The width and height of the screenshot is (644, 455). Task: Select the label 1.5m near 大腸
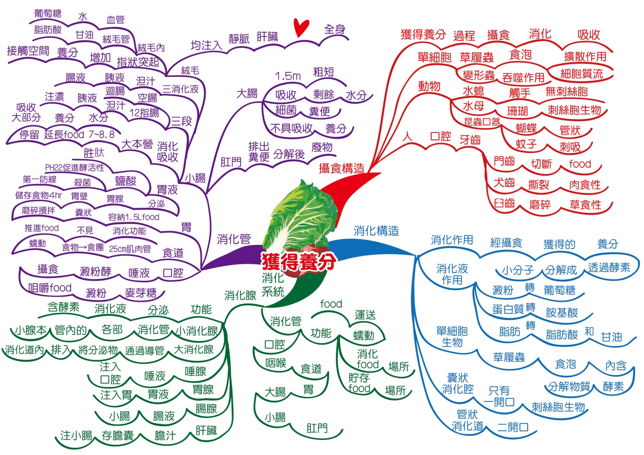click(x=288, y=76)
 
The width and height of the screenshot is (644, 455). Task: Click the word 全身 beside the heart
click(x=335, y=29)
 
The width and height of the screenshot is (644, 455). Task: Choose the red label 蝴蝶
click(x=526, y=129)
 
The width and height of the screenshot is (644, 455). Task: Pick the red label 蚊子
click(x=526, y=144)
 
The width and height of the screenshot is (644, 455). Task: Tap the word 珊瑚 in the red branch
click(x=517, y=111)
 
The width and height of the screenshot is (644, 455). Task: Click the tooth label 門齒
click(x=504, y=161)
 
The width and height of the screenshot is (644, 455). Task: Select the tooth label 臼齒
click(x=504, y=203)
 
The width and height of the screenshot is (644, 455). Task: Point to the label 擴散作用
click(x=585, y=56)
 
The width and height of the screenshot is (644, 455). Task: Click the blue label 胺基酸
click(x=562, y=312)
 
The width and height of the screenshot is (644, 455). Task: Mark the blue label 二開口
click(x=513, y=427)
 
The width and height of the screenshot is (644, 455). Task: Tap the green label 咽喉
click(x=275, y=363)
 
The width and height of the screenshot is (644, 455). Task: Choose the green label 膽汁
click(x=165, y=435)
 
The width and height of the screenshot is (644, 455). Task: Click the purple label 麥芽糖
click(x=140, y=293)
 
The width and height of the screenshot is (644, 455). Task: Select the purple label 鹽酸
click(x=125, y=181)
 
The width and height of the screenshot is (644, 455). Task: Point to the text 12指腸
click(x=144, y=113)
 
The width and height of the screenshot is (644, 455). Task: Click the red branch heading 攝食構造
click(x=341, y=168)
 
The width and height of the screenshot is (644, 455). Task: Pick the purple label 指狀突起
click(x=138, y=62)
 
